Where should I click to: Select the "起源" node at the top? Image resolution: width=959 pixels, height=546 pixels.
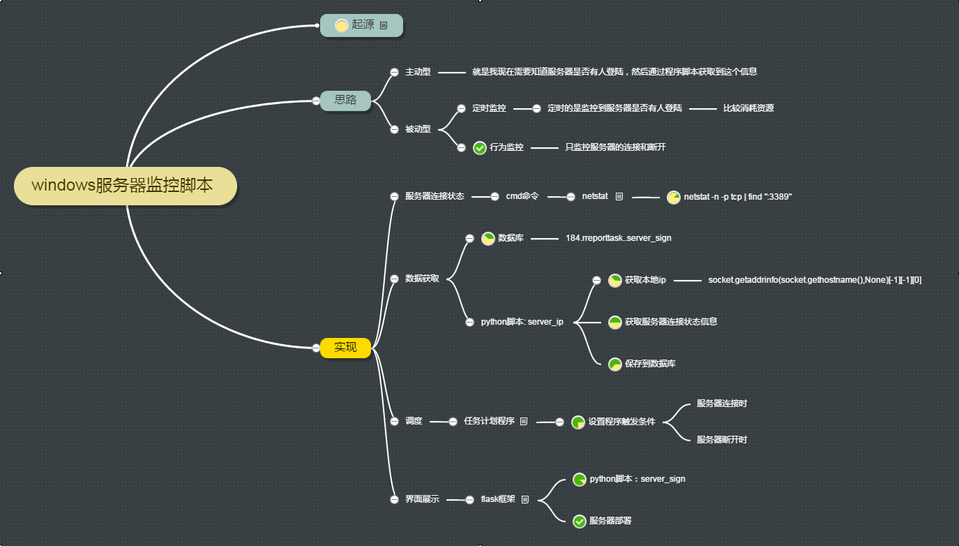coord(362,25)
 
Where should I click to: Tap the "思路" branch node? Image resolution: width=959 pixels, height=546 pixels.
coord(345,100)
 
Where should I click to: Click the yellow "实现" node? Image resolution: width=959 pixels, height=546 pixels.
coord(345,347)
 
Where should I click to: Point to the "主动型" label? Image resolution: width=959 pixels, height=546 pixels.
coord(418,71)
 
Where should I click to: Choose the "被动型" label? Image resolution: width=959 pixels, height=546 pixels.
coord(418,128)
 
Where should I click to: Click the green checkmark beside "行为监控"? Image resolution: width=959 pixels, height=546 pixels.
coord(480,147)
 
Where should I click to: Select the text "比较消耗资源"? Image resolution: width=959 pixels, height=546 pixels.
coord(748,108)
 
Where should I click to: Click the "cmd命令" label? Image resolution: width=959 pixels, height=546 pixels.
coord(522,197)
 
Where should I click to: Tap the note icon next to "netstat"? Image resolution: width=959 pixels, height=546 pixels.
coord(619,197)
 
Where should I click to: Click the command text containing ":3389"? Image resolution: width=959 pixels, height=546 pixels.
coord(738,197)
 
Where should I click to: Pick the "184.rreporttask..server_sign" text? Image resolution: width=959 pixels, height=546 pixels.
coord(619,238)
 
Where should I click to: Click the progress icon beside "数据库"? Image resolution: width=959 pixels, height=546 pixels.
coord(488,238)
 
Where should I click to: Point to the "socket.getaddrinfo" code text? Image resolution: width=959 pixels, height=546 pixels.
coord(815,280)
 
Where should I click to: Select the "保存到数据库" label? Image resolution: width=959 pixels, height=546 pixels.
coord(650,364)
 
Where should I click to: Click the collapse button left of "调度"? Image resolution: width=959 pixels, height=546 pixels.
coord(394,421)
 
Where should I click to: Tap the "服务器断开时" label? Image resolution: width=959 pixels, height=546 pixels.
coord(722,440)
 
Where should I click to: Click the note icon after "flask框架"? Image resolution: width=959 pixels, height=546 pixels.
coord(525,499)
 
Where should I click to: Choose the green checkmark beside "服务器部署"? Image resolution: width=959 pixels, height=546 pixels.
coord(579,521)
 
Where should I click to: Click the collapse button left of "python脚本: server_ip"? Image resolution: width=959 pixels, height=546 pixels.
coord(470,322)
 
